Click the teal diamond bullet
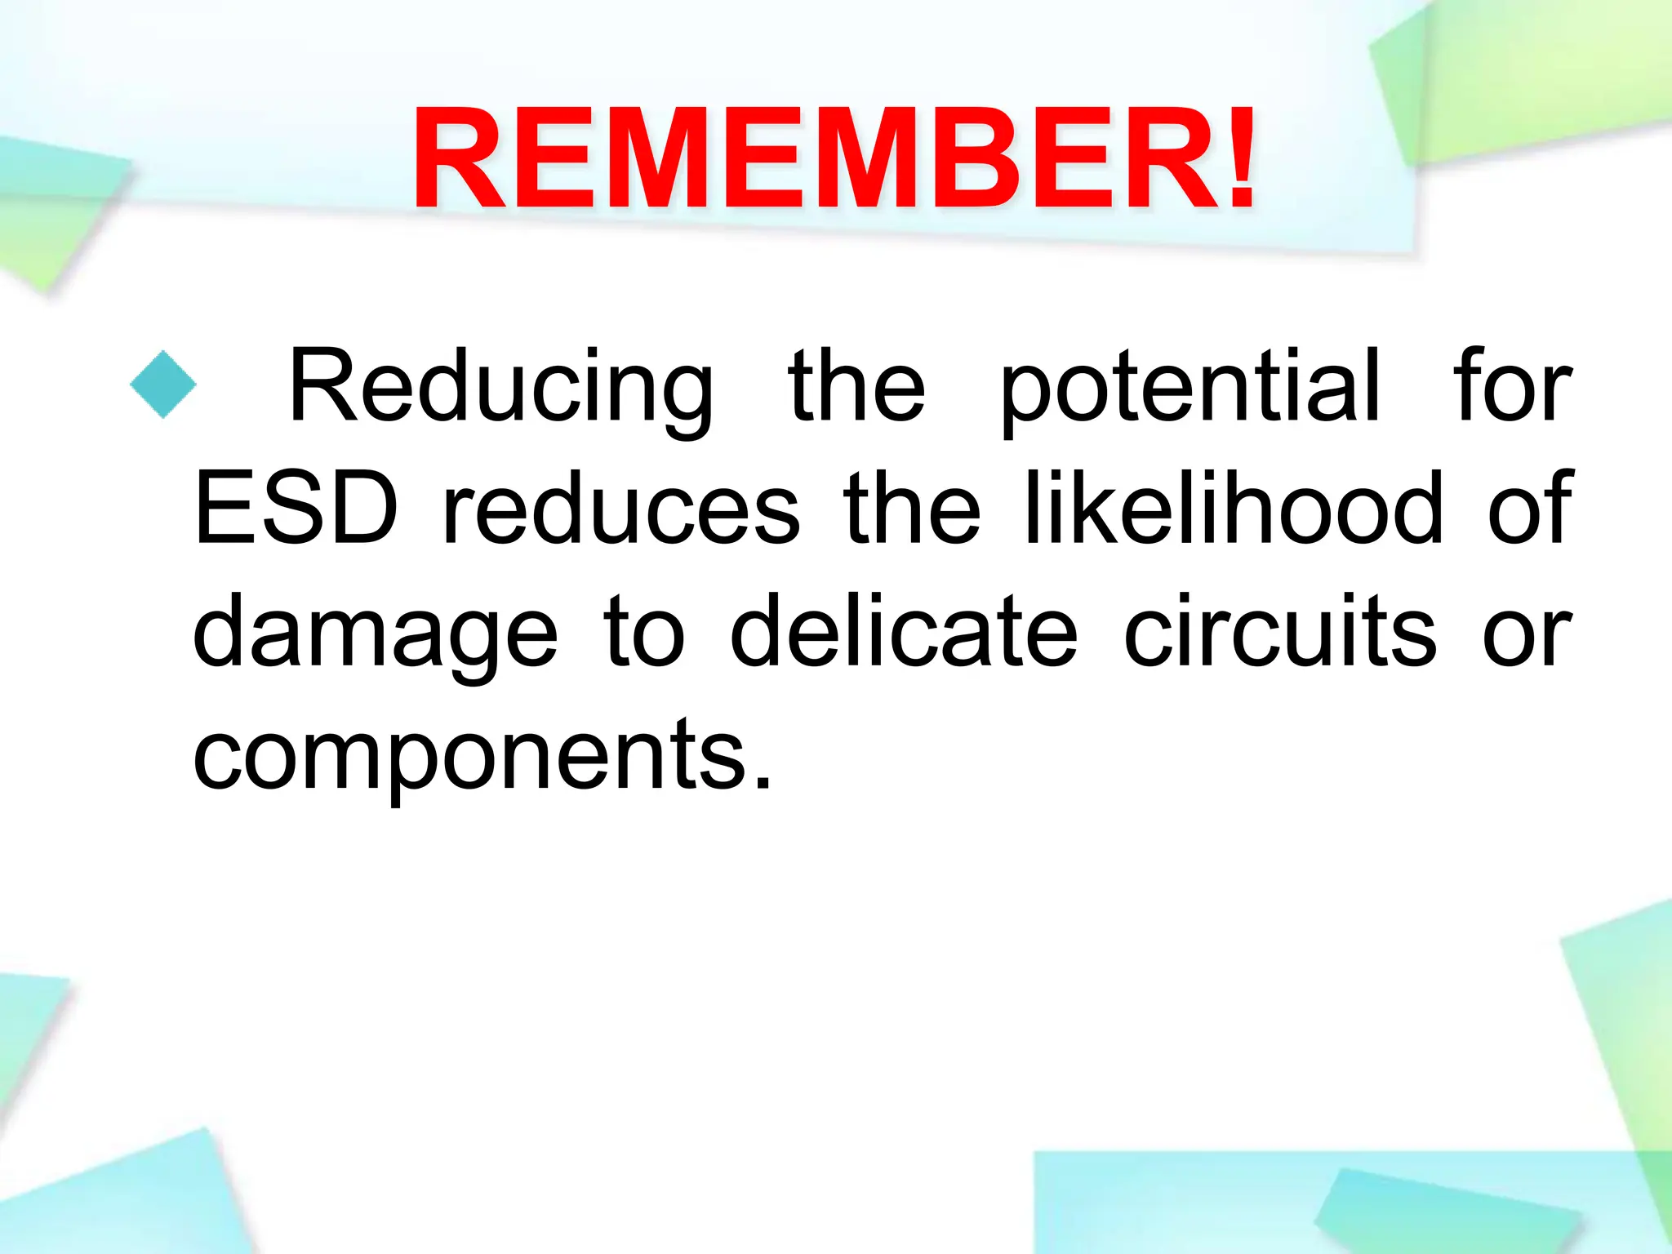pos(163,385)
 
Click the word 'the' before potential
pos(856,385)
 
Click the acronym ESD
pos(296,508)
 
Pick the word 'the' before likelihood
pos(912,508)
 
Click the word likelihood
pos(1233,508)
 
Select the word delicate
pos(904,630)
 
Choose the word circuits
pos(1279,630)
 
